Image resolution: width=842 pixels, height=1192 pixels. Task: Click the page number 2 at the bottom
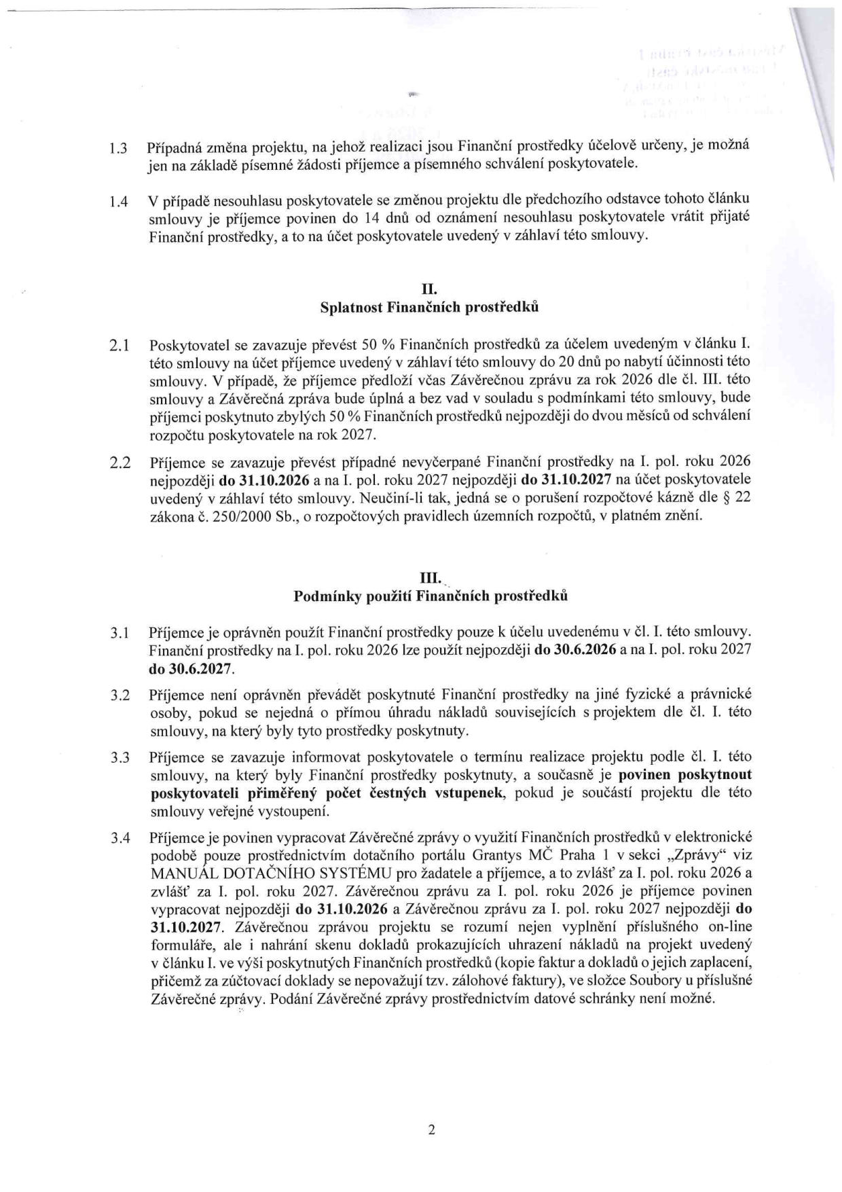(431, 1130)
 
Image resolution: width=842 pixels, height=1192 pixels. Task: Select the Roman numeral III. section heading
(430, 579)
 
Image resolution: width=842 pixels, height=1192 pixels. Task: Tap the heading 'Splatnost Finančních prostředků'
(429, 308)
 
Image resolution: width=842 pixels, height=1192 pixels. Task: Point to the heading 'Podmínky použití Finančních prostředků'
(430, 596)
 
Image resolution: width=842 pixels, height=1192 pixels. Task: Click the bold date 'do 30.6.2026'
(575, 650)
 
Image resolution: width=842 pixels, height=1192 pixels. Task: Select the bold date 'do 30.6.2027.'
(192, 668)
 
